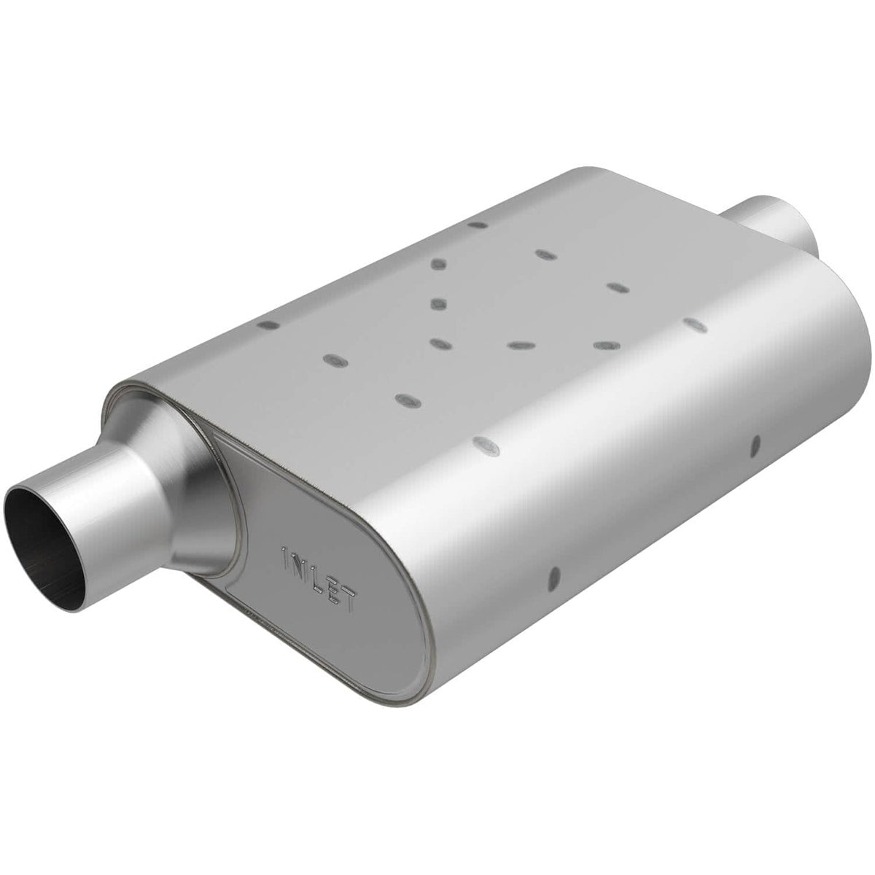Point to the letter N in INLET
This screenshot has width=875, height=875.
pos(303,562)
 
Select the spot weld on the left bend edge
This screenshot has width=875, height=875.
pos(268,325)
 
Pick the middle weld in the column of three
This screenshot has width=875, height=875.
pos(437,303)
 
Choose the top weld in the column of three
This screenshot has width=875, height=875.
pos(438,264)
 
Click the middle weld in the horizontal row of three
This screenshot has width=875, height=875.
pos(519,343)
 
